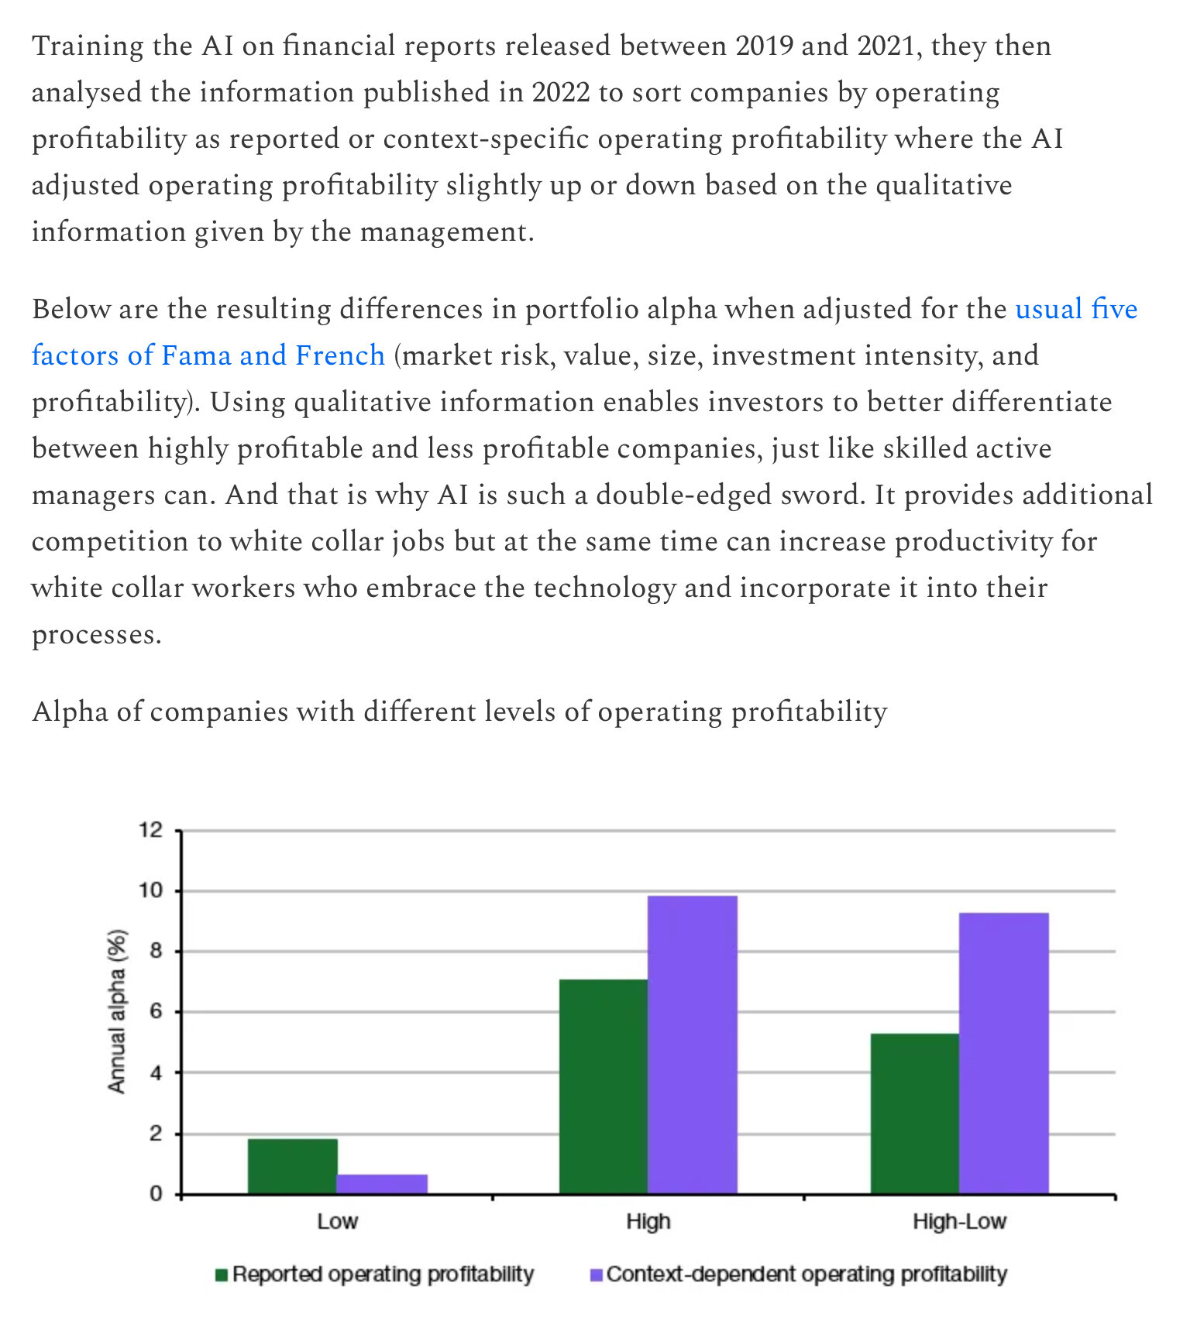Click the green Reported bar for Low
coord(292,1166)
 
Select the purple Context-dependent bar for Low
coord(382,1184)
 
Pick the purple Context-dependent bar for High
coord(692,1045)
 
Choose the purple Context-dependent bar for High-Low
coord(1003,1053)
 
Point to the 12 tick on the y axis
coord(150,831)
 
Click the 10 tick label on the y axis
coord(150,890)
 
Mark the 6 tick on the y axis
coord(156,1012)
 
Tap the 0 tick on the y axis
coord(156,1194)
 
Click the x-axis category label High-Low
coord(958,1222)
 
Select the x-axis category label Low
coord(337,1222)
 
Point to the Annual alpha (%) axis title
coord(116,1011)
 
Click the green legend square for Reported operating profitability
coord(222,1274)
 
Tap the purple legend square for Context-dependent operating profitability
coord(596,1274)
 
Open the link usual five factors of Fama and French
coord(208,355)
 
